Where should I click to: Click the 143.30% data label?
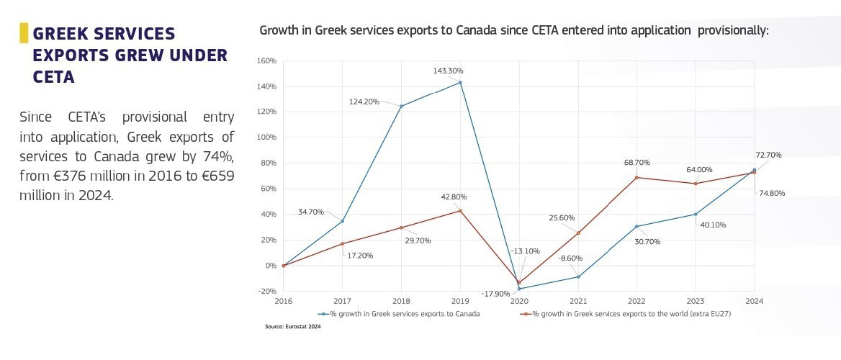(x=448, y=71)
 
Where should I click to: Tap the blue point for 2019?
(x=460, y=83)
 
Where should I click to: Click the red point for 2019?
(x=460, y=210)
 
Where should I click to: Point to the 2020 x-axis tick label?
(x=518, y=301)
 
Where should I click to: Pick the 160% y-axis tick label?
(x=266, y=60)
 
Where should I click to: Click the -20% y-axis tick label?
(x=266, y=292)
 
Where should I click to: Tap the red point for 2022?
(x=637, y=178)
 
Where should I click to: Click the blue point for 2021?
(x=578, y=276)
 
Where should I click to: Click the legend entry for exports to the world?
(x=626, y=314)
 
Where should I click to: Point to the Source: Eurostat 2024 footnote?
(x=293, y=327)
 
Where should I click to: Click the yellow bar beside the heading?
(x=24, y=32)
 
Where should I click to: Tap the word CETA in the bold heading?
(x=54, y=77)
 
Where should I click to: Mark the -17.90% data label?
(x=496, y=294)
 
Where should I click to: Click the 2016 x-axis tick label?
(x=284, y=301)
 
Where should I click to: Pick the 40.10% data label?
(x=713, y=225)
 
